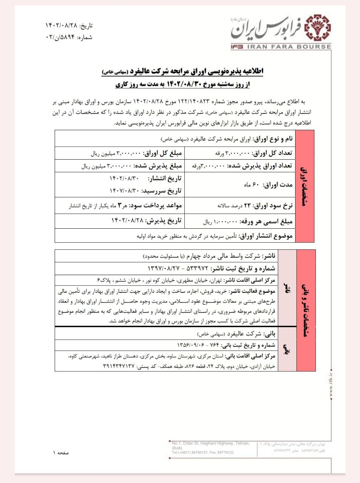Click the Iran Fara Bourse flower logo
coord(317,27)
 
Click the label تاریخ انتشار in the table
coord(165,178)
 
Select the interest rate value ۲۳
coord(247,206)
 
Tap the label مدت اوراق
coord(277,185)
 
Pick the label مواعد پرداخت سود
coord(155,206)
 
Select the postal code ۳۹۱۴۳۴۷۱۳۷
coord(118,366)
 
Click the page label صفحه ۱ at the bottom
coord(61,452)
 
